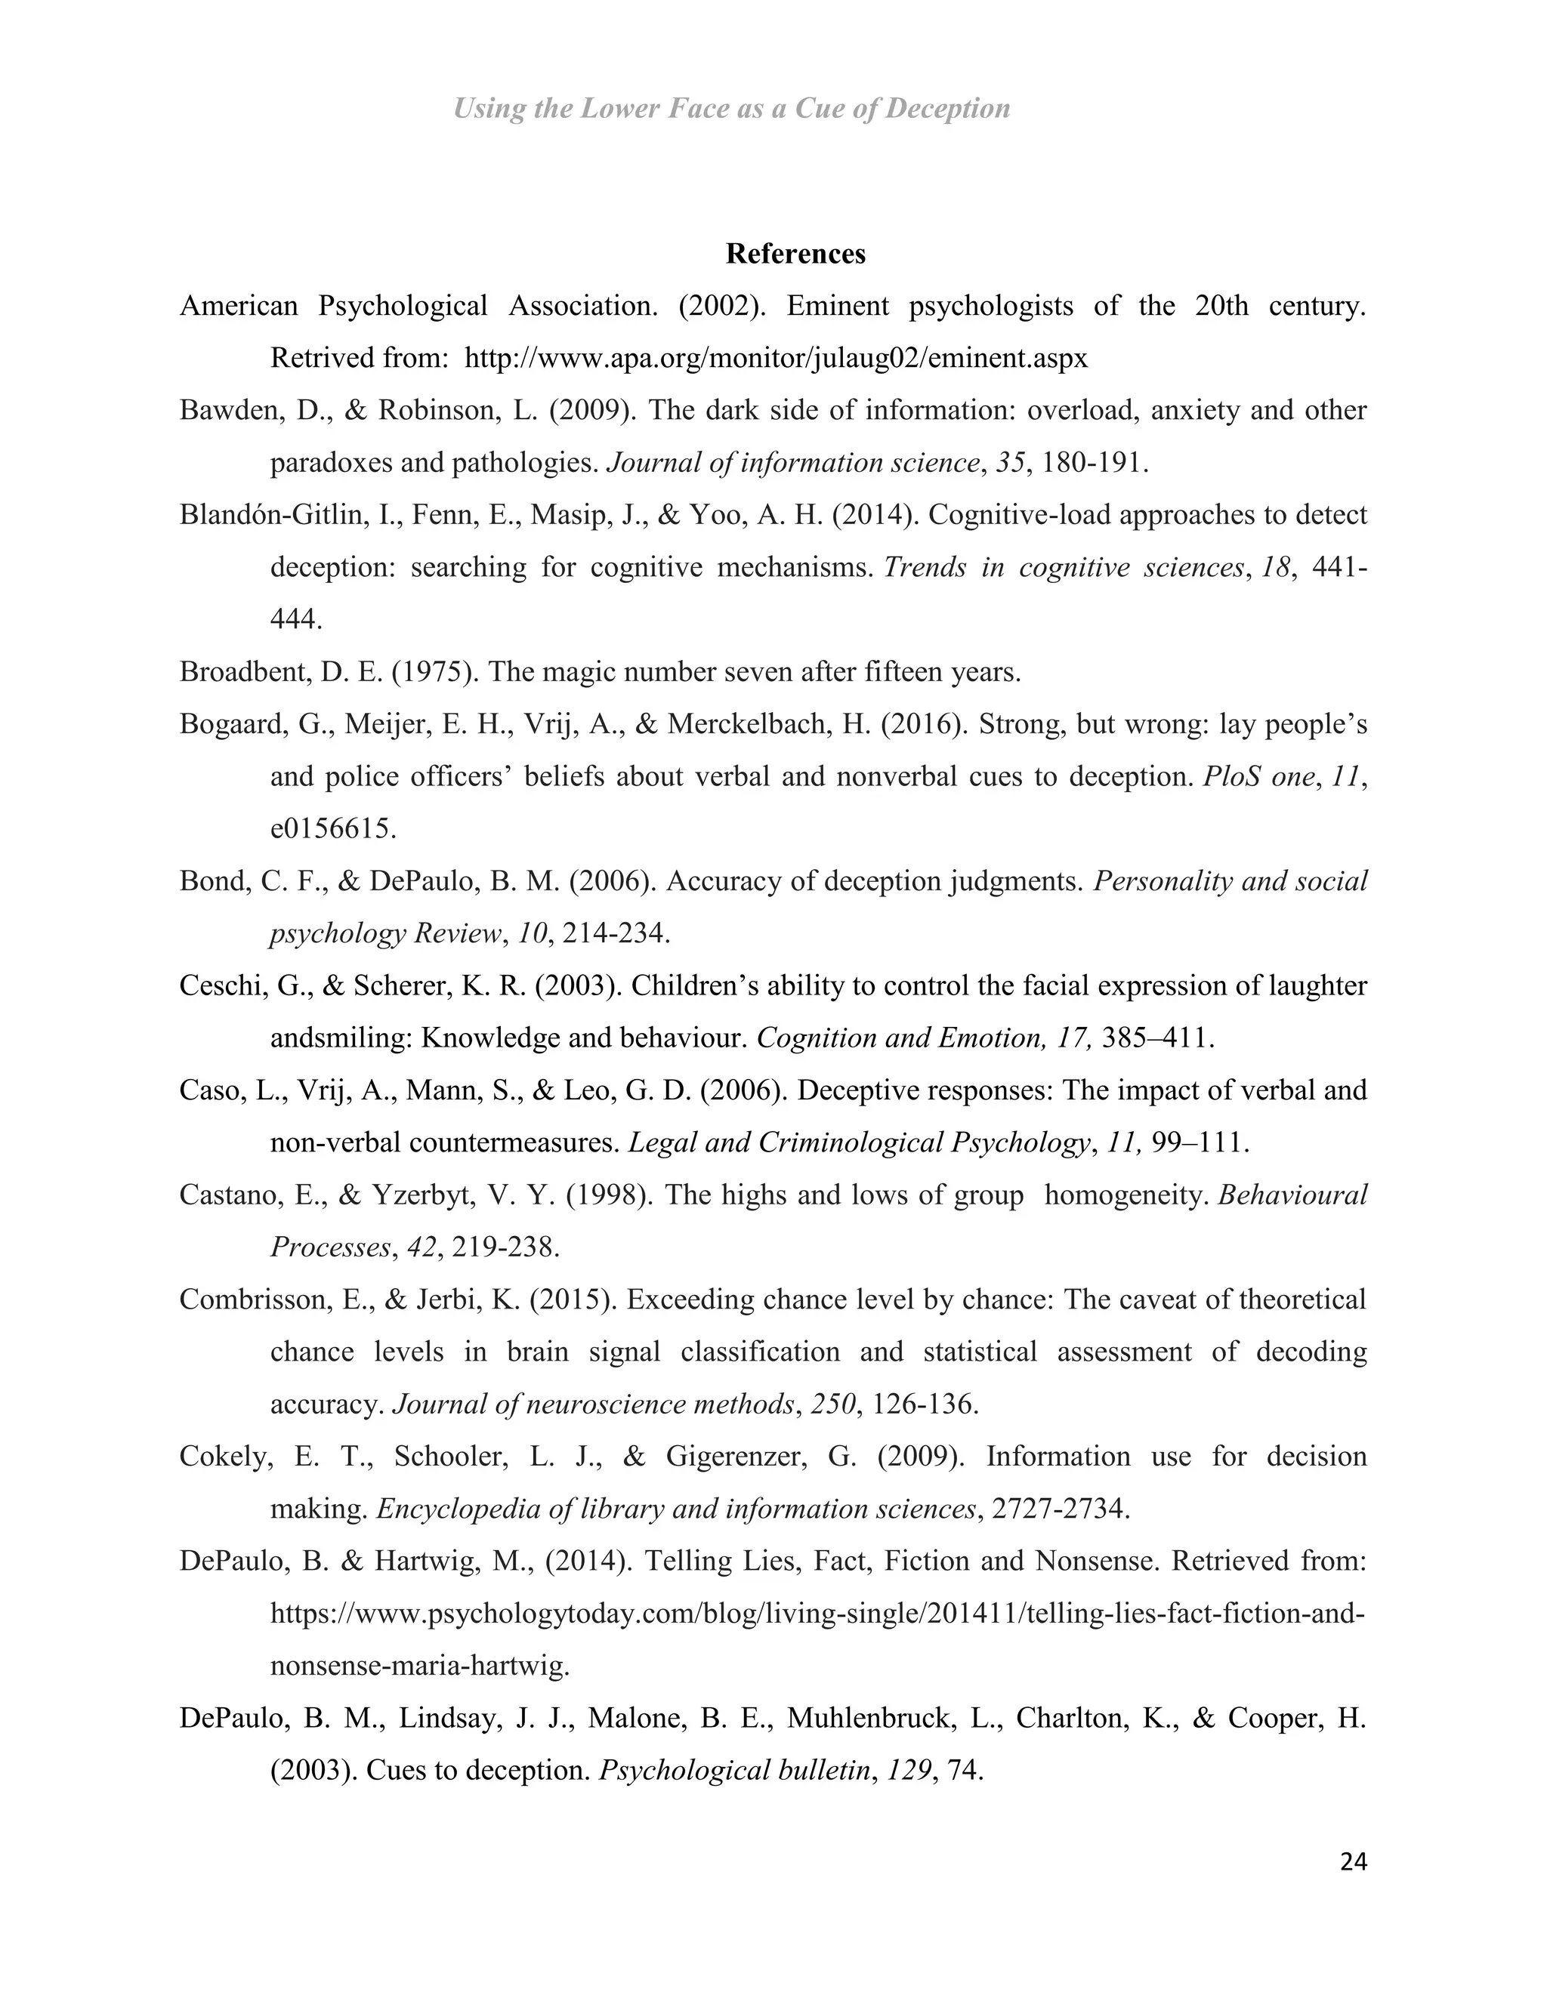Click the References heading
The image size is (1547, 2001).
click(795, 254)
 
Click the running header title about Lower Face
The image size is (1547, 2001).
click(731, 109)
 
